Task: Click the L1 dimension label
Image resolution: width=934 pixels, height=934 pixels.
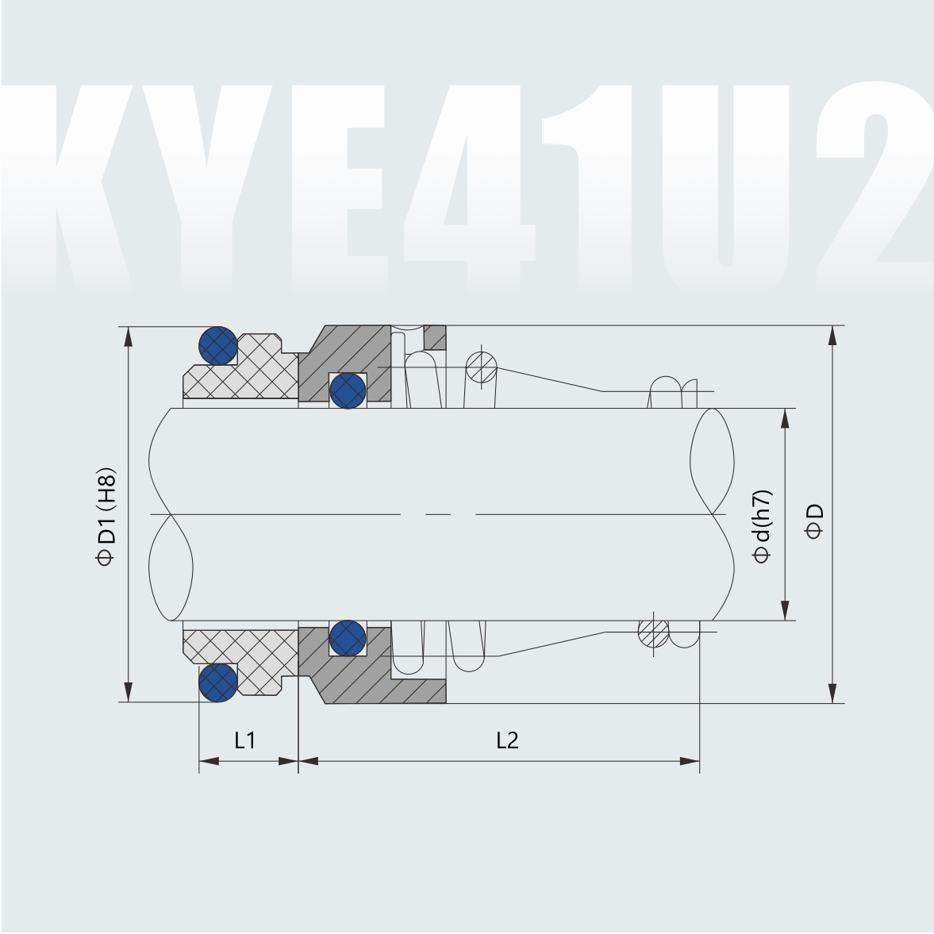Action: point(244,740)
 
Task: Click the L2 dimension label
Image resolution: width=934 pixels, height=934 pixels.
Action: point(507,740)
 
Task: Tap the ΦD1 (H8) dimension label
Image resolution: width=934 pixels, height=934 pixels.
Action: point(106,516)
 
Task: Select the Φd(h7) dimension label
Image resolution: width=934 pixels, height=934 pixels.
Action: point(762,525)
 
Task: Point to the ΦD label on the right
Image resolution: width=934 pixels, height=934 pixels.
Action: point(814,521)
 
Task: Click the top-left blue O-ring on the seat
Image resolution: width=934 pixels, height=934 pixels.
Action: point(217,345)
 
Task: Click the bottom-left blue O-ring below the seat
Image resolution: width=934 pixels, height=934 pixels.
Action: point(217,682)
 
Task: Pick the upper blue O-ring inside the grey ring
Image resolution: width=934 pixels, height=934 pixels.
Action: point(348,390)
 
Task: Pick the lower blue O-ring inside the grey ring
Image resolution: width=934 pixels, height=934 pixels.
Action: point(348,638)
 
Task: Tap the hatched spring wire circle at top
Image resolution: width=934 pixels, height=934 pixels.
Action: point(482,367)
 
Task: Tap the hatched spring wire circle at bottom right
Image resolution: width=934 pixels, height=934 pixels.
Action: point(653,632)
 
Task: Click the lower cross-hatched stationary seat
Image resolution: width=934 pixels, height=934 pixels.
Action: point(246,655)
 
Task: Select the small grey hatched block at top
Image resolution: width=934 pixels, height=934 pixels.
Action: point(435,337)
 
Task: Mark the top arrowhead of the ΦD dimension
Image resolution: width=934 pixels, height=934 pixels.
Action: point(832,335)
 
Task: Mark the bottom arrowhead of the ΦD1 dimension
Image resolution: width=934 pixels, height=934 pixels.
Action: point(127,693)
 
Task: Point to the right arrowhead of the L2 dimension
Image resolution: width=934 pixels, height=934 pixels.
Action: point(690,761)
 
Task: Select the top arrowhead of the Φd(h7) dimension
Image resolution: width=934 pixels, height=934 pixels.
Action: point(785,418)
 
